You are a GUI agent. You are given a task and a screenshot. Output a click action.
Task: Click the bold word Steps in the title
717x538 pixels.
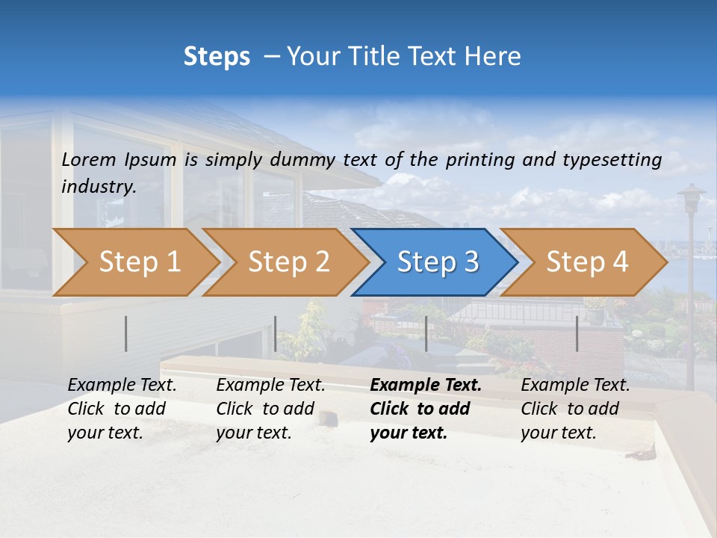click(217, 57)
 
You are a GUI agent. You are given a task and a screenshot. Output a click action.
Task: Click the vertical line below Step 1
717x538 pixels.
click(126, 333)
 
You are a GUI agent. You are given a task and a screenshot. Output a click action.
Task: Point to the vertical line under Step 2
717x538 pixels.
click(276, 333)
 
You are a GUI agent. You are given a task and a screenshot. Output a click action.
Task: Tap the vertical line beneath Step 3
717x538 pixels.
click(426, 333)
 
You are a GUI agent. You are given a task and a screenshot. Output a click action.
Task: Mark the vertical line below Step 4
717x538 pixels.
click(577, 333)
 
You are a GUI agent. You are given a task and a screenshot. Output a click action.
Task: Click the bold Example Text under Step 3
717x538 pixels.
click(426, 386)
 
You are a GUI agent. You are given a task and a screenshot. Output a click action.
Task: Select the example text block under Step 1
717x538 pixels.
click(122, 409)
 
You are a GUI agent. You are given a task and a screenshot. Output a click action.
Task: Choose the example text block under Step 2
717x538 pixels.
click(270, 409)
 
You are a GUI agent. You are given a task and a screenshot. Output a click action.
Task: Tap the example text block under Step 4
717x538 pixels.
click(575, 409)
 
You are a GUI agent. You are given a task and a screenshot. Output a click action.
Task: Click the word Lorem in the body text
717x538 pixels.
click(88, 160)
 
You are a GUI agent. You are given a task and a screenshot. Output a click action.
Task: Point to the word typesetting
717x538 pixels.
click(612, 160)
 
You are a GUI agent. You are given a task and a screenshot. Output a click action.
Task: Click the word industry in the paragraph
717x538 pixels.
click(98, 187)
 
